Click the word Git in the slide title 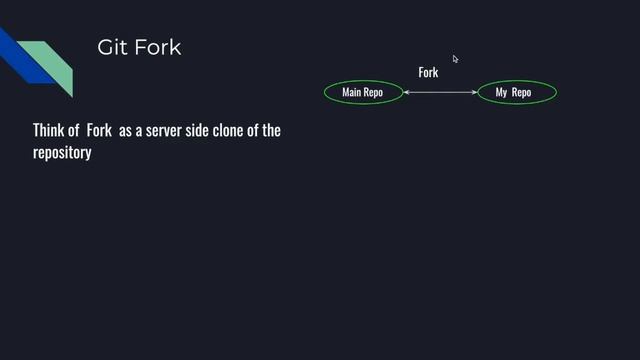pyautogui.click(x=109, y=47)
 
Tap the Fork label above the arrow pyautogui.click(x=428, y=72)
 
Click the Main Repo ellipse pyautogui.click(x=362, y=93)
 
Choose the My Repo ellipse pyautogui.click(x=513, y=93)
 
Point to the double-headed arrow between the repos pyautogui.click(x=440, y=93)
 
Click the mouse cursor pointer pyautogui.click(x=455, y=59)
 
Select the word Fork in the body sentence pyautogui.click(x=99, y=131)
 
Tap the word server pyautogui.click(x=165, y=131)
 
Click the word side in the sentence pyautogui.click(x=203, y=131)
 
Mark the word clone pyautogui.click(x=237, y=131)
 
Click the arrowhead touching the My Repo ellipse pyautogui.click(x=475, y=93)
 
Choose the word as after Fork pyautogui.click(x=126, y=131)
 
